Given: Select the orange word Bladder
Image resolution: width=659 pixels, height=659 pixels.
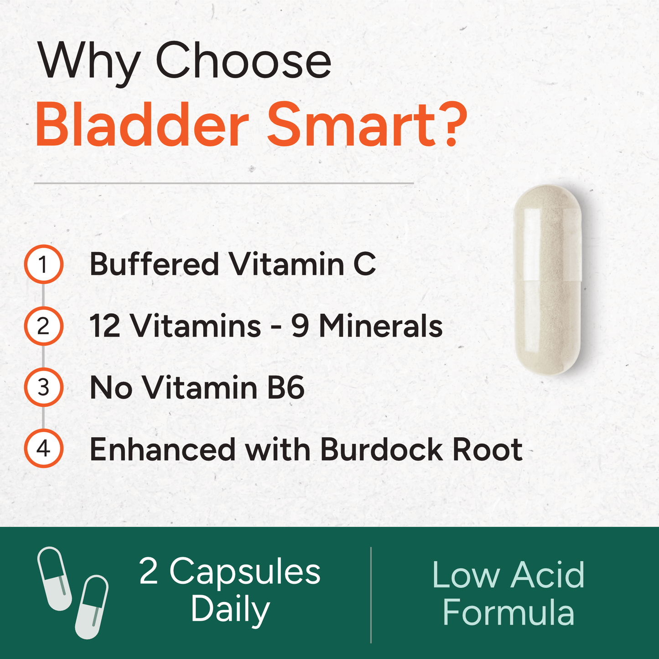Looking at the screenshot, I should tap(142, 125).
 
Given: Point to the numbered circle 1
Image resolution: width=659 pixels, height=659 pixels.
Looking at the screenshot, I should tap(43, 265).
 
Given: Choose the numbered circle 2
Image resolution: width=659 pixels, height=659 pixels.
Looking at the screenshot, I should tap(43, 326).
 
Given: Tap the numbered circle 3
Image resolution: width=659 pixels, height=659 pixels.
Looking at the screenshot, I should tap(43, 388).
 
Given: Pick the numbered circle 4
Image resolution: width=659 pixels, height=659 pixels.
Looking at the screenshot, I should tap(43, 449).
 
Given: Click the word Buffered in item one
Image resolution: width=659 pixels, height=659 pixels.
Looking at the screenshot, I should tap(154, 264).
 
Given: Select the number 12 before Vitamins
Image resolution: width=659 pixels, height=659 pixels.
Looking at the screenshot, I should tap(105, 326).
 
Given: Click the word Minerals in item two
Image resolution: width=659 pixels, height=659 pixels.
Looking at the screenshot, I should tap(381, 326).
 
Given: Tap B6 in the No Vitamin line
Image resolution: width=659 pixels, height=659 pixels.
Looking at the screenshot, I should tap(286, 388).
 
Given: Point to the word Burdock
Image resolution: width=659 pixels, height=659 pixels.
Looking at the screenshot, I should tap(381, 449).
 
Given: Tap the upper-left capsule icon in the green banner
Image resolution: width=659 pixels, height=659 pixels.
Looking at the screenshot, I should tap(54, 578).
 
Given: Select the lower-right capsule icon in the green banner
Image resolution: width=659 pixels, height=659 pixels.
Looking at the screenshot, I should tap(92, 607).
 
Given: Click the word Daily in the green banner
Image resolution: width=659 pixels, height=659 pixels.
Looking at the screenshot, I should tap(230, 610).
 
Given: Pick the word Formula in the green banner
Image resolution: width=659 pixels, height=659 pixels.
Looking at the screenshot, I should tap(508, 612).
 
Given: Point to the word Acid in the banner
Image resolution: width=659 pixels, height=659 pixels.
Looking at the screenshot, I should tap(547, 575).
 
